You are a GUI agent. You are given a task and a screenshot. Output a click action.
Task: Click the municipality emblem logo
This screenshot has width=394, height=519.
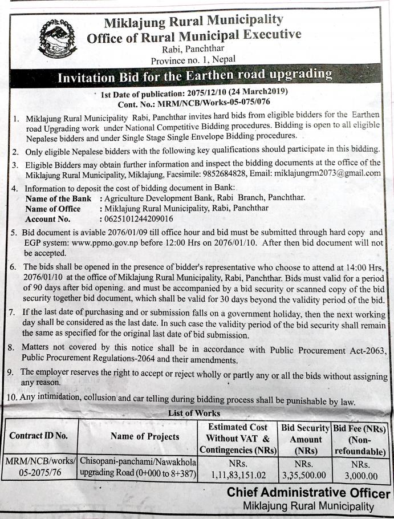(x=55, y=37)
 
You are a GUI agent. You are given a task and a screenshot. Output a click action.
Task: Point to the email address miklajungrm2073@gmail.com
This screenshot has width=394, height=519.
(x=327, y=173)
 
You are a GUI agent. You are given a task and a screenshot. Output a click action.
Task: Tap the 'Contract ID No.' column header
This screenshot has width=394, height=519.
(x=39, y=436)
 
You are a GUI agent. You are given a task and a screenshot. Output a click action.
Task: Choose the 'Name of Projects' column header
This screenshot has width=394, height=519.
(x=145, y=436)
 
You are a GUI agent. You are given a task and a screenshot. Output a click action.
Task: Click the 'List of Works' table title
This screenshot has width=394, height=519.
(x=194, y=413)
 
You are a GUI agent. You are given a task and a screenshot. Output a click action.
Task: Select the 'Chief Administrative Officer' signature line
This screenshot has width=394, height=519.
(x=308, y=493)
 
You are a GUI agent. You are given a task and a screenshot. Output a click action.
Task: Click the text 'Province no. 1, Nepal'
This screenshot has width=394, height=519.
(x=193, y=60)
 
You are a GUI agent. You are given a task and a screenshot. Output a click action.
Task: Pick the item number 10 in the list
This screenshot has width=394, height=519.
(x=11, y=401)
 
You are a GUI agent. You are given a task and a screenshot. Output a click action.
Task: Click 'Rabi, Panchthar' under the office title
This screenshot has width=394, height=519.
(x=193, y=50)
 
